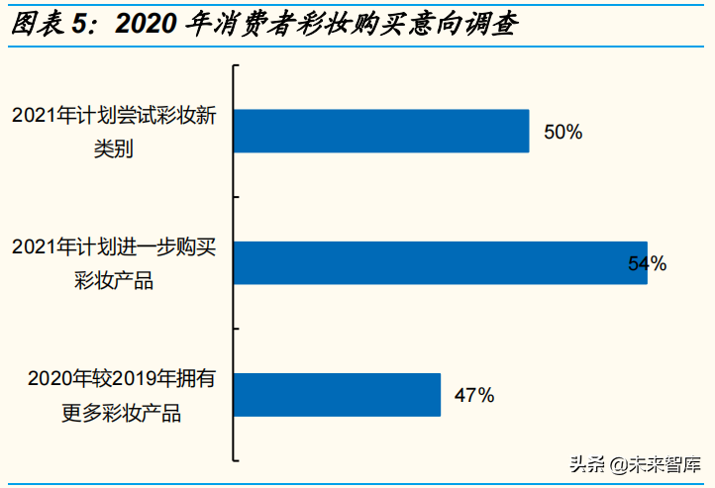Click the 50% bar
pyautogui.click(x=381, y=131)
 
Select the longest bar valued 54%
pyautogui.click(x=441, y=263)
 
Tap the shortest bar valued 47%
pyautogui.click(x=337, y=395)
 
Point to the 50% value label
pyautogui.click(x=562, y=132)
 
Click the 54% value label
pyautogui.click(x=648, y=264)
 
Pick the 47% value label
pyautogui.click(x=473, y=396)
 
